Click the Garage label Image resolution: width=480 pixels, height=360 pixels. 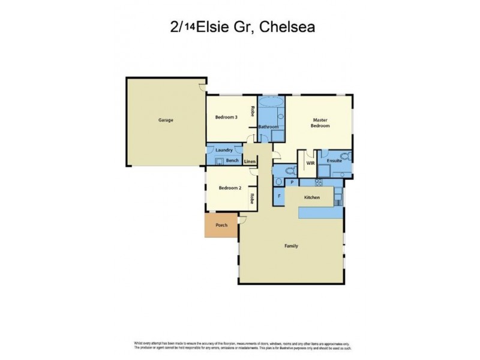(x=166, y=120)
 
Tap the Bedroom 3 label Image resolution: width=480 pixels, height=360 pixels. (x=227, y=117)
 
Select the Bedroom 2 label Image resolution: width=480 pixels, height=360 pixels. (x=230, y=188)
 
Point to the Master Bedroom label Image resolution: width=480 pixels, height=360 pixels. (x=320, y=123)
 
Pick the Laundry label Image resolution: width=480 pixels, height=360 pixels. (x=224, y=151)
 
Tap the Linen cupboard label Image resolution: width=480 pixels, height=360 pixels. (x=250, y=161)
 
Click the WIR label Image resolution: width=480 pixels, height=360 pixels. (x=310, y=162)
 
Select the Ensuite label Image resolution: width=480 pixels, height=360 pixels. (x=334, y=161)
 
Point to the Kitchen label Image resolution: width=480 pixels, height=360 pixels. (x=312, y=197)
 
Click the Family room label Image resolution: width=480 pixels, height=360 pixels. (x=291, y=246)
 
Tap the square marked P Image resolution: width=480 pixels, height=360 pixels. (x=292, y=182)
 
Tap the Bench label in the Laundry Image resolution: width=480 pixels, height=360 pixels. (x=233, y=161)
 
